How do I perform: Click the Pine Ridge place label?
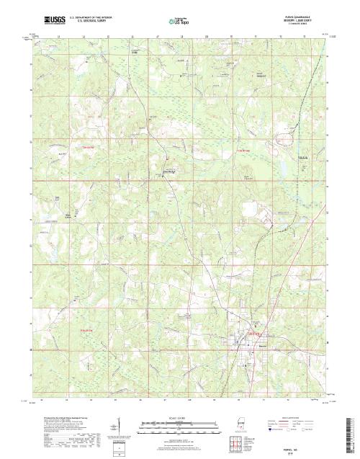coord(171,171)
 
